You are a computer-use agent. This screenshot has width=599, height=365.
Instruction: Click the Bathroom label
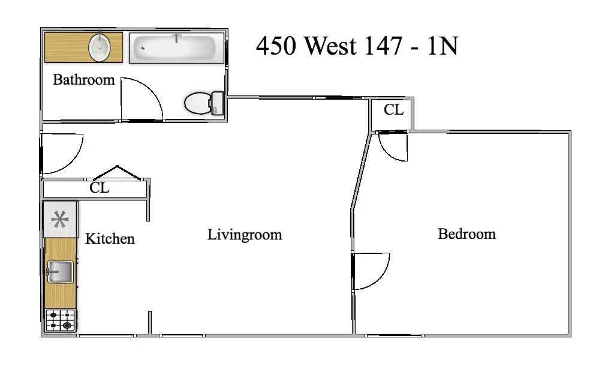[x=83, y=80]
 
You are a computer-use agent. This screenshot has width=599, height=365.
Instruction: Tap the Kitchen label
[x=110, y=239]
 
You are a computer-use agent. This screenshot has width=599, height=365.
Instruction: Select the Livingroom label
[x=245, y=234]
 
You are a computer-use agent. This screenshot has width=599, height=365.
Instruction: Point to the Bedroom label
[x=466, y=234]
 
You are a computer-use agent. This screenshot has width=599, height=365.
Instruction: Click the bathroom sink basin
[x=99, y=47]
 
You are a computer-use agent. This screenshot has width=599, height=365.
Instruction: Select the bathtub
[x=174, y=48]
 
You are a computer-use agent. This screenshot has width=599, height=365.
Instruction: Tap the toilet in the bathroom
[x=203, y=103]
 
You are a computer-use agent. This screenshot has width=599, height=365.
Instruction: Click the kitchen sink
[x=60, y=271]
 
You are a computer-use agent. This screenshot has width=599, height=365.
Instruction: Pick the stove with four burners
[x=61, y=319]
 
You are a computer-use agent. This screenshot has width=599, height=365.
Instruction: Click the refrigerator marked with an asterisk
[x=60, y=220]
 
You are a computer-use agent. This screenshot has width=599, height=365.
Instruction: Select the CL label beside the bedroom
[x=393, y=110]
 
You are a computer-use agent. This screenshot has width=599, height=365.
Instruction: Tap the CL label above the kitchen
[x=100, y=188]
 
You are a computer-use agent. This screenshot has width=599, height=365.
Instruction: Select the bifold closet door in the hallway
[x=117, y=172]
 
